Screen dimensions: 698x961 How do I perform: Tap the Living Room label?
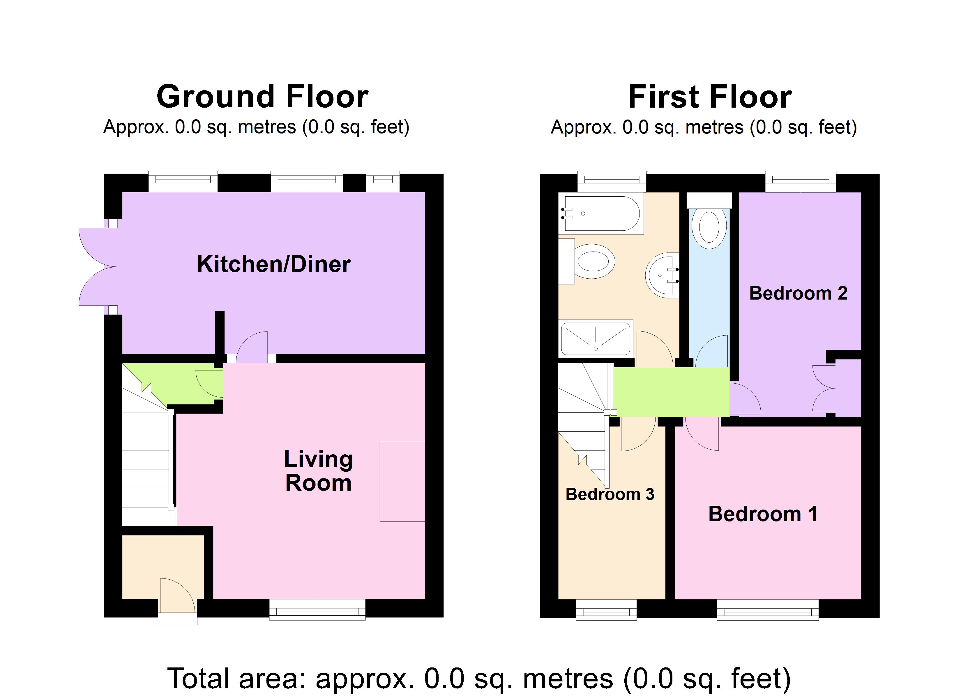318,471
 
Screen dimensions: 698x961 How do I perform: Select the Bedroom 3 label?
610,494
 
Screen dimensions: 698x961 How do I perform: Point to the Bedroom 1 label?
762,514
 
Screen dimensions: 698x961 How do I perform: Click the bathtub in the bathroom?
601,213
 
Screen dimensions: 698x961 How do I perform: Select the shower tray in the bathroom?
596,339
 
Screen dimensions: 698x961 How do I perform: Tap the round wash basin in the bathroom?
662,275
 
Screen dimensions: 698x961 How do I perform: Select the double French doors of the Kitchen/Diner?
98,267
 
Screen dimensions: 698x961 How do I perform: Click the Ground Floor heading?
262,97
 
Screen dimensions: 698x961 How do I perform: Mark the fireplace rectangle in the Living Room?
402,481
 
